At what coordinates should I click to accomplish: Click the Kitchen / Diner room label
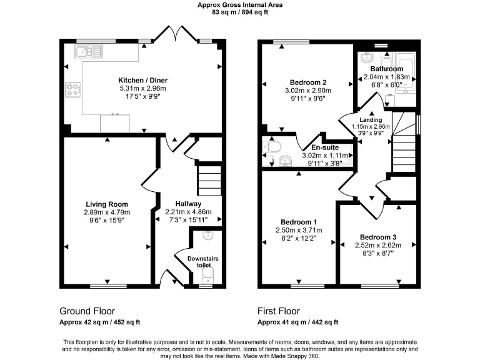pos(143,80)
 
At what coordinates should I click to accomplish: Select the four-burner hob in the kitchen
pos(72,90)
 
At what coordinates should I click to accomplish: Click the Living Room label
pos(107,204)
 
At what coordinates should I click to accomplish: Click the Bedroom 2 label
pos(309,82)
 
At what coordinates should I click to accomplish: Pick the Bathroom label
pos(386,69)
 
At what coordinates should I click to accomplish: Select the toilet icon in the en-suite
pos(272,147)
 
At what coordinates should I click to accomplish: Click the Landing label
pos(370,119)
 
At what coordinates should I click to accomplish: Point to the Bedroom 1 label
pos(298,222)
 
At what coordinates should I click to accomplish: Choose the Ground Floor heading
pos(87,311)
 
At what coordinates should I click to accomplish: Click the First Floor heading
pos(279,311)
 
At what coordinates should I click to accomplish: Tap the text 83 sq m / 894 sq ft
pos(240,12)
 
